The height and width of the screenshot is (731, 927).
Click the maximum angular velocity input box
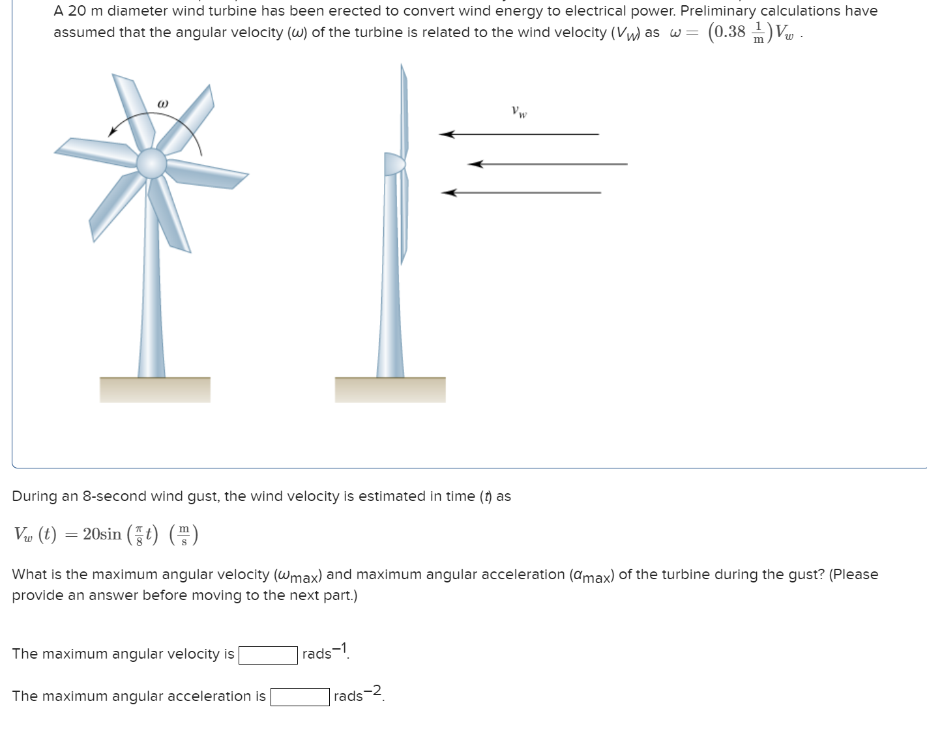tap(268, 655)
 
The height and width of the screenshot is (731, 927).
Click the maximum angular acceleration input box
tap(300, 697)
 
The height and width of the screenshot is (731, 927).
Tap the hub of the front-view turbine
tap(152, 163)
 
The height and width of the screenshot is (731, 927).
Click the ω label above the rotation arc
tap(163, 104)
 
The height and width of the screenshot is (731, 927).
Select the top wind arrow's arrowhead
tap(447, 134)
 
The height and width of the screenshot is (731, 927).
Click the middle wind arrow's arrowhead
tap(476, 164)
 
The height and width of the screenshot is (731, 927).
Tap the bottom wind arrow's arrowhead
tap(449, 193)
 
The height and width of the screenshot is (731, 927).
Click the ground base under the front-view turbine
tap(155, 390)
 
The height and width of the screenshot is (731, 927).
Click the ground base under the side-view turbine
tap(390, 390)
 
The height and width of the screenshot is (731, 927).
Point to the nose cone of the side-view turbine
tap(393, 164)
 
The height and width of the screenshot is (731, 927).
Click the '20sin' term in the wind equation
tap(102, 534)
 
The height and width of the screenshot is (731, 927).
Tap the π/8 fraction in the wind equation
tap(138, 535)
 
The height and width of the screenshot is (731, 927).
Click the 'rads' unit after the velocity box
tap(317, 654)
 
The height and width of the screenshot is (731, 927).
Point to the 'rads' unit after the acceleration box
tap(348, 696)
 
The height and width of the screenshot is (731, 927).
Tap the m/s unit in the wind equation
tap(184, 535)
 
